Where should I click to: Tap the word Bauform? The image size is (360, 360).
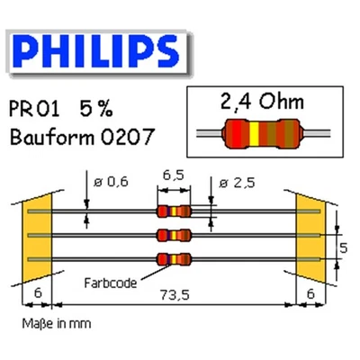tap(54, 139)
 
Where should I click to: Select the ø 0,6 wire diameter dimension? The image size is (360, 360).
tap(110, 183)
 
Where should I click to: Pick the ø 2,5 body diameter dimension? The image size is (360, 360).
tap(238, 183)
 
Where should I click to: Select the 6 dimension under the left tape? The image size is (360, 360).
tap(37, 292)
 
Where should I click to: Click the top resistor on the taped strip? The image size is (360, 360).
tap(174, 211)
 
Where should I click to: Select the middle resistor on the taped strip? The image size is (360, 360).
tap(174, 236)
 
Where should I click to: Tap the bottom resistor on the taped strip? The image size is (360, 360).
tap(174, 260)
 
